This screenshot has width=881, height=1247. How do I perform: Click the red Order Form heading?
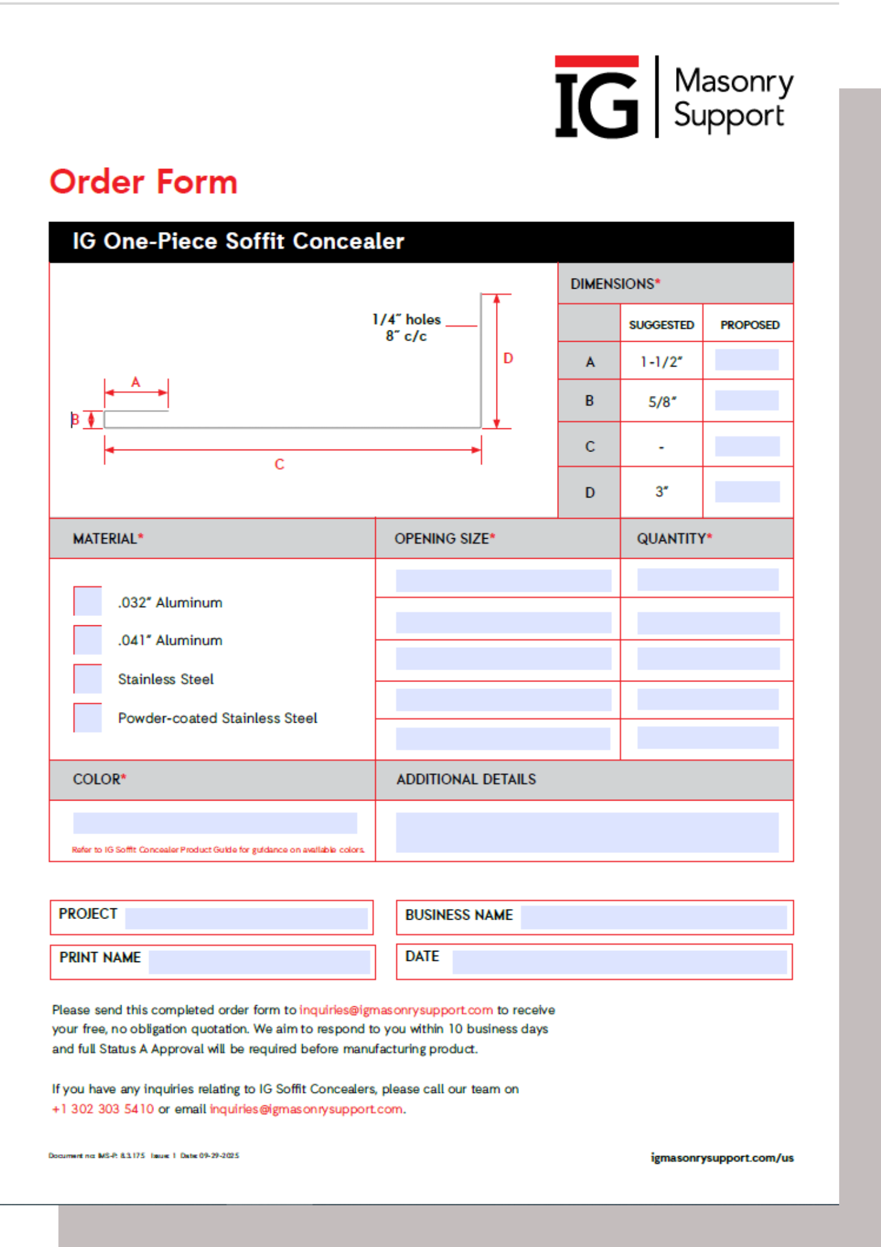coord(144,182)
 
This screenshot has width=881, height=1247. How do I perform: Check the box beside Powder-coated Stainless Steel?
coord(88,718)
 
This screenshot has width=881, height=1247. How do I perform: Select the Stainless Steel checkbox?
coord(88,679)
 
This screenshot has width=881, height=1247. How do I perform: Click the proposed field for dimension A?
coord(746,360)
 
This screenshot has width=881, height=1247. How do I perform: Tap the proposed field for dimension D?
coord(746,491)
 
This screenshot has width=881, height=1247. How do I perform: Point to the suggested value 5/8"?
coord(662,402)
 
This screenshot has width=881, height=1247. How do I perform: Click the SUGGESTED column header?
coord(661,325)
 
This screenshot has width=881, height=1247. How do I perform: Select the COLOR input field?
coord(215,823)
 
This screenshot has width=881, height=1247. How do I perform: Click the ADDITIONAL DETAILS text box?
coord(587,832)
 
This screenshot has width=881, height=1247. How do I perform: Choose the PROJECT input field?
coord(246,918)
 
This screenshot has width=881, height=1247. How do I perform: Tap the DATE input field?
coord(619,962)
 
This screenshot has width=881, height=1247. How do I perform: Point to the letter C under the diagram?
coord(280,465)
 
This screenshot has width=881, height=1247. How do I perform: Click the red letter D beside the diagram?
coord(508,359)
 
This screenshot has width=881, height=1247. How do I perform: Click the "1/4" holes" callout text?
coord(406,320)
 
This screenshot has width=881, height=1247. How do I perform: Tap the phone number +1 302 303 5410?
coord(103,1109)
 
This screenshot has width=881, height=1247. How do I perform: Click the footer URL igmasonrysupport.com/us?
coord(722,1158)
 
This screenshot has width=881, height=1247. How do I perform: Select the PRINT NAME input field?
coord(259,962)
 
